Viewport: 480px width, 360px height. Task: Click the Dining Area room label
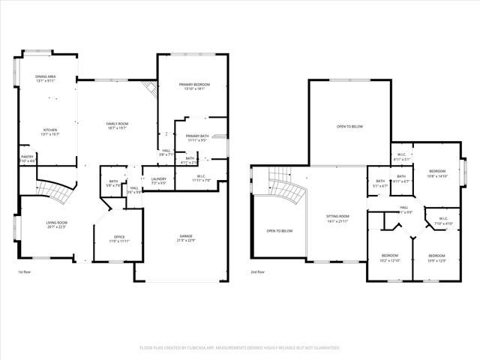click(x=46, y=76)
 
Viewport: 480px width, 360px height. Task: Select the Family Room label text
click(x=117, y=123)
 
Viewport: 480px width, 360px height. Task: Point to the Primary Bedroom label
click(x=193, y=85)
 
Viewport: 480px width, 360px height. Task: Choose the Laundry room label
click(x=158, y=178)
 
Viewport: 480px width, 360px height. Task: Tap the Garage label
click(x=185, y=235)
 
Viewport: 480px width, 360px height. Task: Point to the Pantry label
click(x=27, y=157)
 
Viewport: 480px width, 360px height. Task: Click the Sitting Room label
click(x=337, y=216)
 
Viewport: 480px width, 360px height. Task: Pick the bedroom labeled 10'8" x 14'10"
click(x=437, y=171)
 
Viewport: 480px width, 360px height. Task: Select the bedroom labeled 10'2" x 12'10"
click(x=391, y=255)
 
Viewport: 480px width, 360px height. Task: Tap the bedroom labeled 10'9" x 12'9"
click(x=437, y=255)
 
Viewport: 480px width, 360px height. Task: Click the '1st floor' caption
click(x=25, y=272)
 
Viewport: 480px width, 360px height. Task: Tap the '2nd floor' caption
click(x=258, y=272)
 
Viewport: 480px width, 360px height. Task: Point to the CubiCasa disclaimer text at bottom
click(x=240, y=348)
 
